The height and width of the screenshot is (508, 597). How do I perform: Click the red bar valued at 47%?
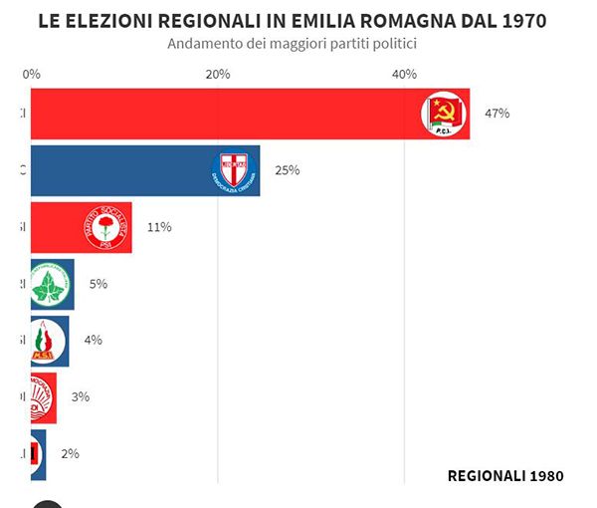[219, 114]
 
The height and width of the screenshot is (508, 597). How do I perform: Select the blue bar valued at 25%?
[119, 170]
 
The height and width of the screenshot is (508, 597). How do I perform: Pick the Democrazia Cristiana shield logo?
[235, 170]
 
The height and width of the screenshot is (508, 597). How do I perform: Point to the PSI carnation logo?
[105, 227]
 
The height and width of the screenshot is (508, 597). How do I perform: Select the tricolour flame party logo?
[45, 341]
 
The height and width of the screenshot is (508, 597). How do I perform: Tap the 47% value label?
[497, 114]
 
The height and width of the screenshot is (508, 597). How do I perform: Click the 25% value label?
[287, 170]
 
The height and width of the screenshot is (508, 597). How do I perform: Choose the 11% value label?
[158, 227]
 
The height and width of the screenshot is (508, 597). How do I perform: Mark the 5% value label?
[98, 284]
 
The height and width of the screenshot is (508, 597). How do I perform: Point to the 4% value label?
[93, 340]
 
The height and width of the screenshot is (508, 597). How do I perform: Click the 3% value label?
[80, 396]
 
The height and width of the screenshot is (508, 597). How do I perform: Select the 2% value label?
[70, 453]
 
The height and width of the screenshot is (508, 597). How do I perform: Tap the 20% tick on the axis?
[217, 75]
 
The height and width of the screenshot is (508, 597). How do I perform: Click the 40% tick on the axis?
[404, 75]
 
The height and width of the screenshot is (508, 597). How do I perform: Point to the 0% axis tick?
[31, 75]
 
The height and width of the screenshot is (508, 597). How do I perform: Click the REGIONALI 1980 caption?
[505, 476]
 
